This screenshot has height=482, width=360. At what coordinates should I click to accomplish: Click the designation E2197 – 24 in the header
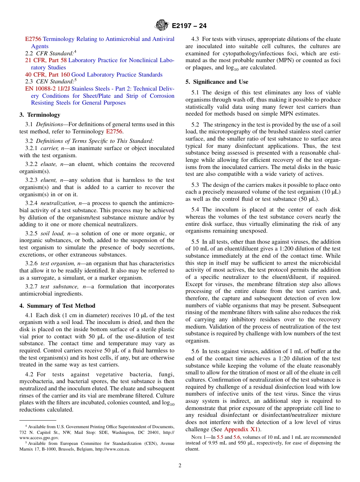(x=189, y=26)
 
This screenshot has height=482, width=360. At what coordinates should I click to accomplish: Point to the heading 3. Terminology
(x=40, y=115)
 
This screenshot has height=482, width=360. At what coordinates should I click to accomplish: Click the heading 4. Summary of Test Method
(x=57, y=306)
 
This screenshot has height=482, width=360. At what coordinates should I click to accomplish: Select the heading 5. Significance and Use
(x=217, y=82)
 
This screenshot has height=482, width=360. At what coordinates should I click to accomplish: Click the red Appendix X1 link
(x=241, y=429)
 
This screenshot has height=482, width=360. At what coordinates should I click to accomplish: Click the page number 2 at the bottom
(x=180, y=465)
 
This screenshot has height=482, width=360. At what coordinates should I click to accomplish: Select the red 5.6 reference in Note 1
(x=237, y=437)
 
